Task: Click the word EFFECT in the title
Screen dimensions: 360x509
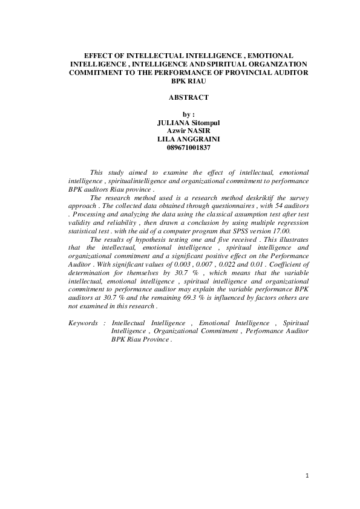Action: point(99,55)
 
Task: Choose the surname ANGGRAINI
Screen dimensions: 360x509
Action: point(204,137)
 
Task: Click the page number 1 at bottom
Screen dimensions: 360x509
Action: point(307,476)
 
